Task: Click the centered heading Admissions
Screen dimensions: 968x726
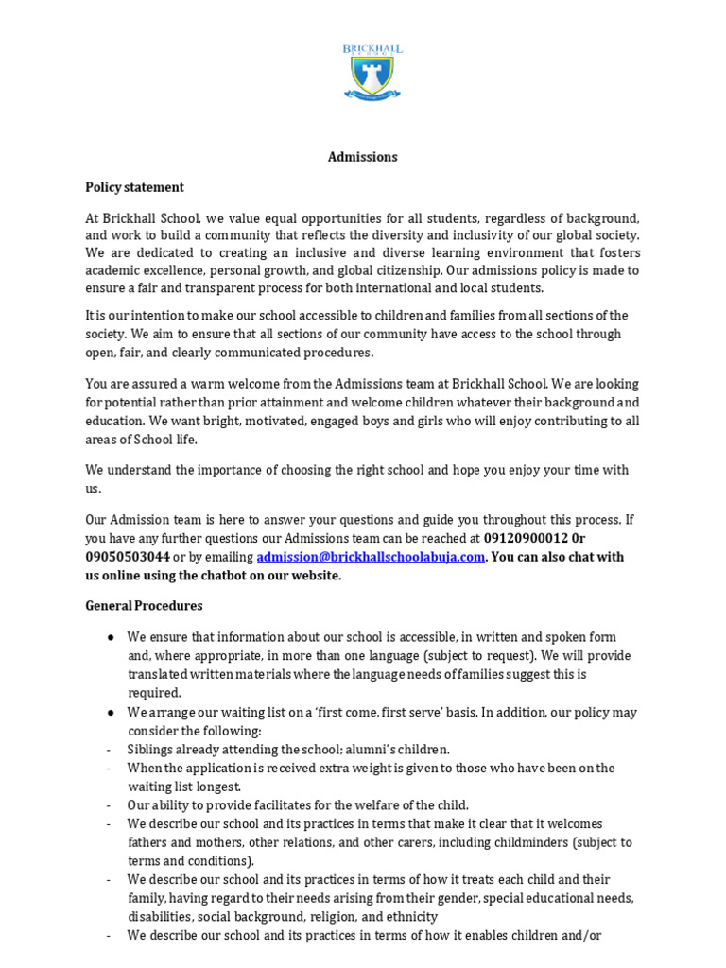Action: point(362,157)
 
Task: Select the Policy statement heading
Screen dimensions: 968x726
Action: point(134,187)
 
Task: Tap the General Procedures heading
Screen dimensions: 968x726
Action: point(144,605)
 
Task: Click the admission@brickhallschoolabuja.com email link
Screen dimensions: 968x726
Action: point(371,557)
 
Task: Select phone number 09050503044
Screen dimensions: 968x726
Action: point(128,557)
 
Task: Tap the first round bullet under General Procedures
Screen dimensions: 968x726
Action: point(112,637)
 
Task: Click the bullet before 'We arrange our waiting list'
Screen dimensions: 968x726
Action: point(112,712)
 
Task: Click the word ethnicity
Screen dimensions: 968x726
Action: point(407,916)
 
